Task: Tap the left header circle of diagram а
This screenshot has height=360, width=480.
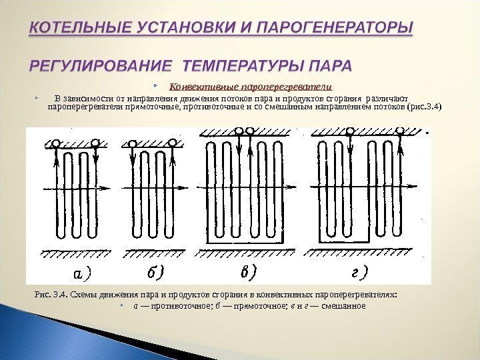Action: [x=56, y=142]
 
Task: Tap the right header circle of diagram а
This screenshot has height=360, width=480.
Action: [x=96, y=142]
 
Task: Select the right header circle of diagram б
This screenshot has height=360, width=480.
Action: [x=173, y=142]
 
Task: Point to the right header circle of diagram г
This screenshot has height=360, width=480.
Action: [x=400, y=131]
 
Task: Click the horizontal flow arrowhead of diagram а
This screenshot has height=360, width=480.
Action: [x=107, y=189]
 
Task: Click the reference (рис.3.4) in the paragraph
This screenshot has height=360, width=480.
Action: [x=424, y=106]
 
